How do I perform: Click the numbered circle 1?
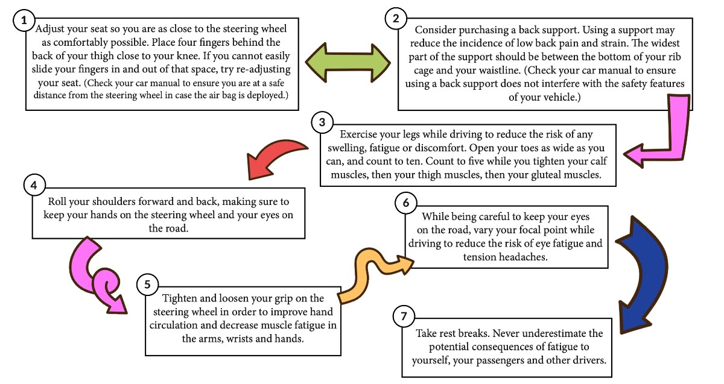(24, 20)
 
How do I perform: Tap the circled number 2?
(396, 19)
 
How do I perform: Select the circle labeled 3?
(322, 122)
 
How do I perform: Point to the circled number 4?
(34, 186)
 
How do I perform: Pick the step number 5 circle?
(147, 285)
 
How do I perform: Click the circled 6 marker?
(406, 203)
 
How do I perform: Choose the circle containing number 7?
(404, 316)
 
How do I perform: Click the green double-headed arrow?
(348, 63)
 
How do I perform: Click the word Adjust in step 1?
(49, 29)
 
